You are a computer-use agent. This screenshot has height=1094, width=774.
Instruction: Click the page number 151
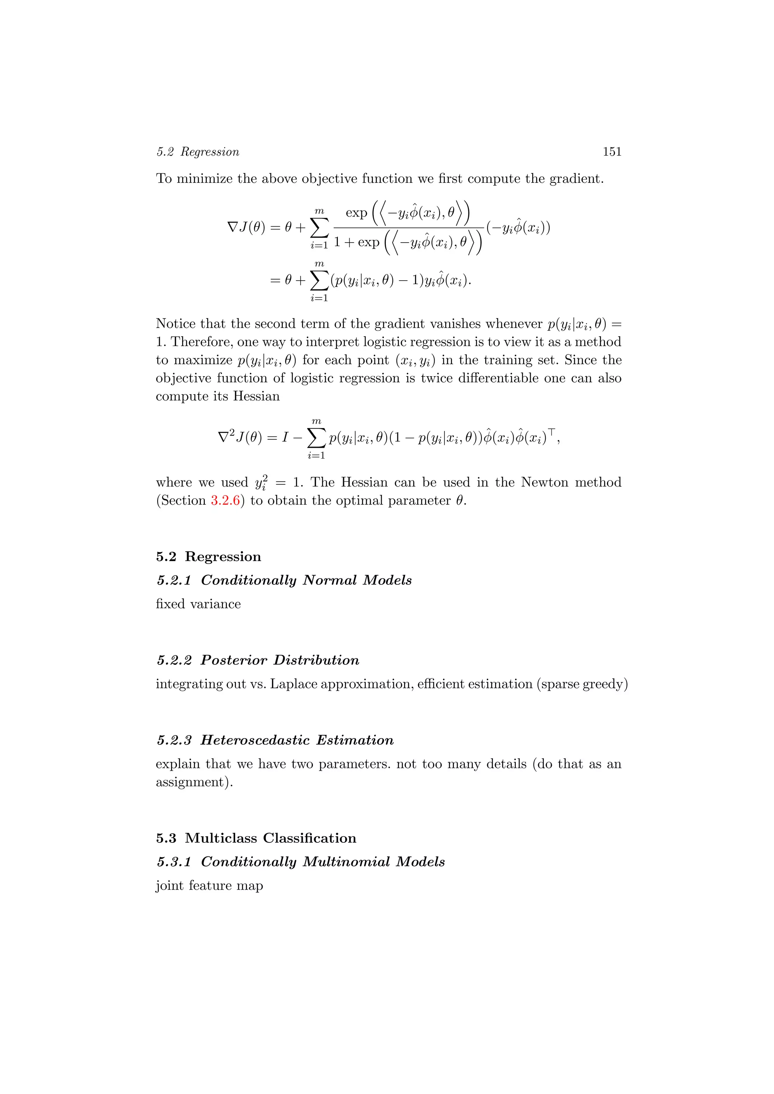(x=611, y=151)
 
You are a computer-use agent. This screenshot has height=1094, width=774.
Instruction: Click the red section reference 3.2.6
(x=225, y=501)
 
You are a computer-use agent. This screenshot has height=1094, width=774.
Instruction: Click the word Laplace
(x=294, y=684)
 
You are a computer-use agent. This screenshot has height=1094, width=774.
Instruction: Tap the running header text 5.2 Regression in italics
(x=198, y=152)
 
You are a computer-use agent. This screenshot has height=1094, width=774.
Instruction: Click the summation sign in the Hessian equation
(x=316, y=437)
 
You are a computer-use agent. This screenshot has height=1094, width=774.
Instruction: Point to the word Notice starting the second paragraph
(x=176, y=324)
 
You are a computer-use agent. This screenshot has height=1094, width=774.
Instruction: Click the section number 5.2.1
(x=174, y=580)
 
